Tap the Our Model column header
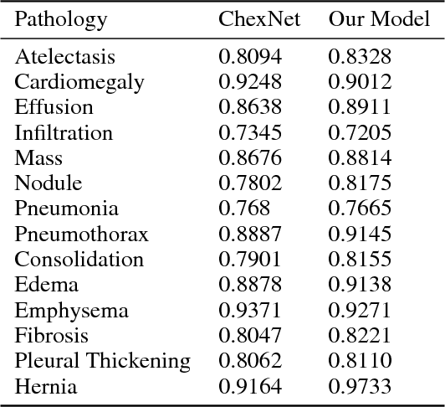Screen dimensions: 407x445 [x=378, y=20]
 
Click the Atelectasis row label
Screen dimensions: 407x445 [x=64, y=57]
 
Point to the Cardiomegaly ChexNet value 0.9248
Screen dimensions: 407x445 [x=250, y=82]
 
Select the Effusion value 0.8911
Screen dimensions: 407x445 [x=360, y=107]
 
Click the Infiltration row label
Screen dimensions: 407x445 [x=63, y=132]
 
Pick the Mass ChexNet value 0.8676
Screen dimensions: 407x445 [x=250, y=158]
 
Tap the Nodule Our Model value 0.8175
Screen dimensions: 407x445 [x=360, y=183]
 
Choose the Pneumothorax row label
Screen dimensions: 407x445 [x=81, y=234]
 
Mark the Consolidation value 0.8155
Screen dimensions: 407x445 [x=360, y=260]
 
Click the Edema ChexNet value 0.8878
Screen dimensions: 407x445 [x=250, y=285]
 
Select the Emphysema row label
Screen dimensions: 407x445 [x=71, y=311]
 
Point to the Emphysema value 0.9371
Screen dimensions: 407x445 [x=250, y=311]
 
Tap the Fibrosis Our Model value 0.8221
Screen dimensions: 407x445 [x=360, y=336]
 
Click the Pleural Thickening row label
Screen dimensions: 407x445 [x=102, y=361]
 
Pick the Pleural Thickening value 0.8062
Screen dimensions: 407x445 [x=250, y=361]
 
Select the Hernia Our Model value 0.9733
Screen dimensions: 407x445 [x=360, y=386]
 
